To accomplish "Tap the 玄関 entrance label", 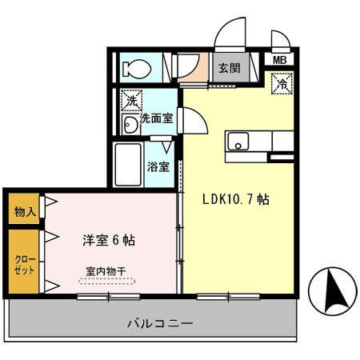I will tap(229, 68).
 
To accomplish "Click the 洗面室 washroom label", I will tap(158, 118).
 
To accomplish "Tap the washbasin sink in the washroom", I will tap(131, 123).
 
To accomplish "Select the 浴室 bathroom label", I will tap(158, 167).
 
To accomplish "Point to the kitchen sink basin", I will tap(238, 142).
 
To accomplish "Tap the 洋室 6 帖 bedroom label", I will tap(109, 239).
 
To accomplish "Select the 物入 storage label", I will tap(24, 212).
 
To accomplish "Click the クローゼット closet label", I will tap(23, 265).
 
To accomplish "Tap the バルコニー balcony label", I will tap(160, 324).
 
